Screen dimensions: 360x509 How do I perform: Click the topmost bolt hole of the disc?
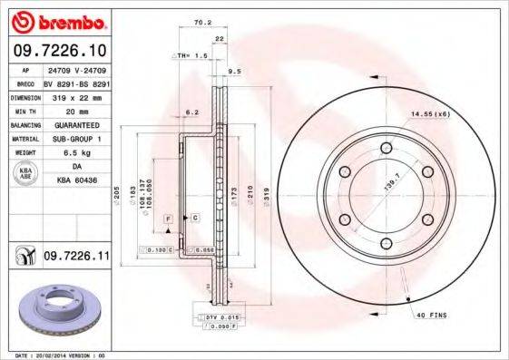pyautogui.click(x=385, y=148)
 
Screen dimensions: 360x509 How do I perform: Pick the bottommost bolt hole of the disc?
pyautogui.click(x=385, y=241)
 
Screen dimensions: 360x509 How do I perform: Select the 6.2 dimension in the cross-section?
pyautogui.click(x=191, y=112)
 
